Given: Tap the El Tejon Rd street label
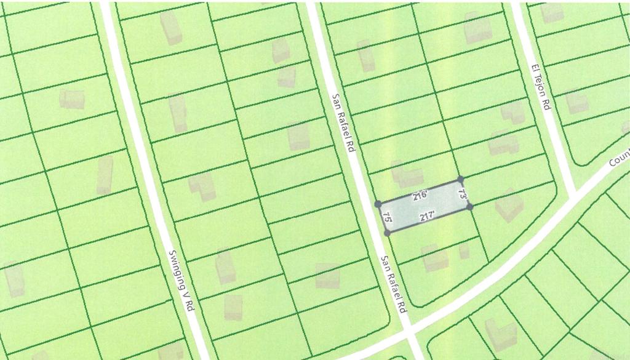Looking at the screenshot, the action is (540, 87).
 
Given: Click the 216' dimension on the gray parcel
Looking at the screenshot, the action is (420, 196).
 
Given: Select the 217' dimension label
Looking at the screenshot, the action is (428, 216).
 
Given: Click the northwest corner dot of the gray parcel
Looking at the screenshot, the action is (378, 204).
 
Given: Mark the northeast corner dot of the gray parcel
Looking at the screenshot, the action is (461, 180).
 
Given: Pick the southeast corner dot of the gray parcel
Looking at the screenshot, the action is (470, 207).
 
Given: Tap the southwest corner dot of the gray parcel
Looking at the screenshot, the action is (387, 233).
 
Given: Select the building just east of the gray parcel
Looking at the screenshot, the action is (509, 206).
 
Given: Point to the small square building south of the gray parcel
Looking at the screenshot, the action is (464, 251).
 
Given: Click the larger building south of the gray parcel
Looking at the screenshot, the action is (434, 258).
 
